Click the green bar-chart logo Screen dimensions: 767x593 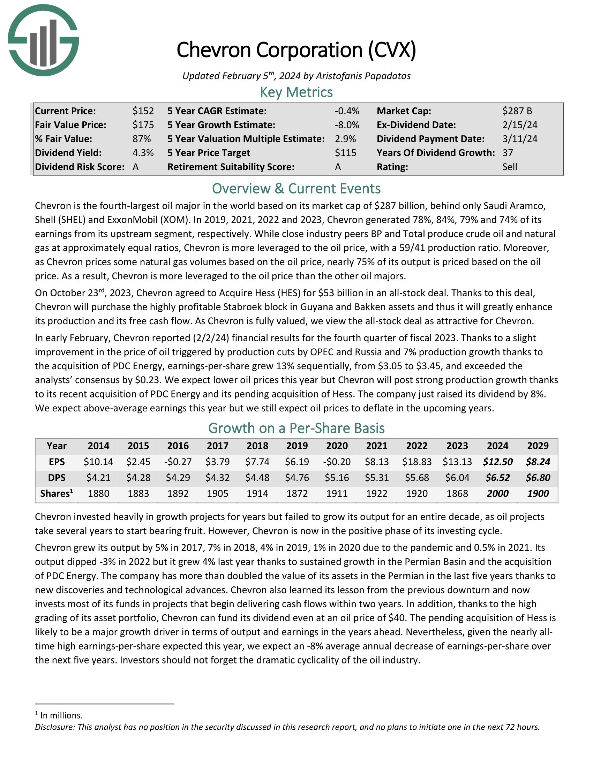[x=43, y=40]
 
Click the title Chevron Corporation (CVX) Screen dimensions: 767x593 [x=296, y=50]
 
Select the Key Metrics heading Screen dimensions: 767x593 [x=296, y=92]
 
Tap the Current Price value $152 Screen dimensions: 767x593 [x=143, y=111]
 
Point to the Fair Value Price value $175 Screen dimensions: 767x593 [x=143, y=125]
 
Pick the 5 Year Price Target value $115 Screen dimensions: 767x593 [x=345, y=153]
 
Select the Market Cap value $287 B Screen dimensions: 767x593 [x=517, y=111]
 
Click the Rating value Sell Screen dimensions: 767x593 [x=510, y=167]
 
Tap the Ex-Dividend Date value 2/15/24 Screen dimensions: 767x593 [x=520, y=125]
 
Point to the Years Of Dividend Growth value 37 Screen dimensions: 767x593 [x=508, y=153]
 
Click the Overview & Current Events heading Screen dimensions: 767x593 [x=296, y=189]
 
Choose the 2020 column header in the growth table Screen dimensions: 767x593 [x=337, y=446]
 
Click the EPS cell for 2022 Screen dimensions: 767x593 [x=416, y=462]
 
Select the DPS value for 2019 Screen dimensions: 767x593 [x=297, y=478]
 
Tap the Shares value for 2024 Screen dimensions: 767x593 [x=497, y=493]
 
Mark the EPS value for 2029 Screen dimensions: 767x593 [x=538, y=462]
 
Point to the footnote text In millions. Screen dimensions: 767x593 [x=61, y=715]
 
